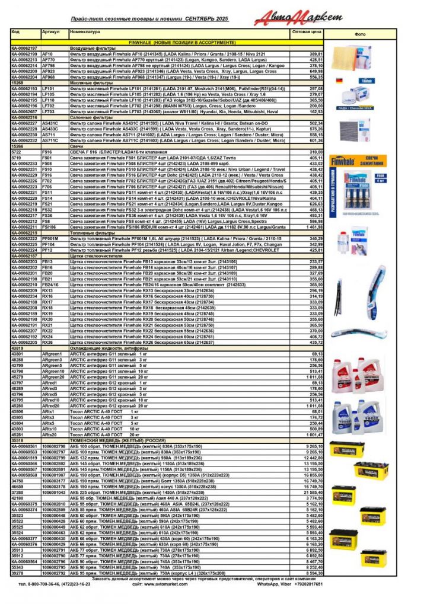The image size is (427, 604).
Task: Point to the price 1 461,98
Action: coord(312,227)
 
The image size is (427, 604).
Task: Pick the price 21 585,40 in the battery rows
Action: coord(311,493)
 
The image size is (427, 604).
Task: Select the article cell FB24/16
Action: coord(52,285)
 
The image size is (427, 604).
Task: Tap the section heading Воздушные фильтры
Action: coord(90,48)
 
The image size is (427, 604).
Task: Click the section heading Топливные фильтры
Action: coord(90,233)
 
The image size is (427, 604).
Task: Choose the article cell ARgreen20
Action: coord(53,377)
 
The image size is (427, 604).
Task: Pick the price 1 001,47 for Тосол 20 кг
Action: coord(312,434)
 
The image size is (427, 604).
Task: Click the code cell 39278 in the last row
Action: coord(17,573)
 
